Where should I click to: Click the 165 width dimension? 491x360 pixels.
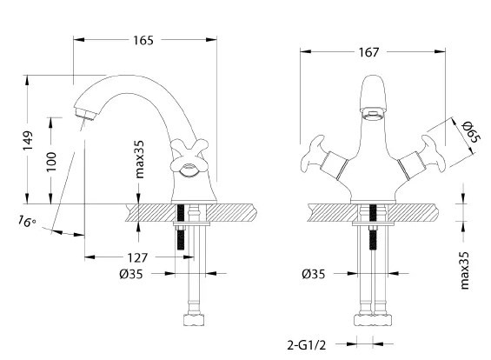(x=143, y=40)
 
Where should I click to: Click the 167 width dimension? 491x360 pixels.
(x=368, y=52)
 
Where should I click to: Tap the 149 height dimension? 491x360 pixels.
(x=28, y=141)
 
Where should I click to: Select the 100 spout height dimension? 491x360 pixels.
(x=51, y=162)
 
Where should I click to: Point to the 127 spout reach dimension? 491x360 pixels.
(x=137, y=257)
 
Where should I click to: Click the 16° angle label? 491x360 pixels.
(x=27, y=221)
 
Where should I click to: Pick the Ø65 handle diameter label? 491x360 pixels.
(x=471, y=131)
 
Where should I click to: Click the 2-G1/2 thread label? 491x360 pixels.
(x=307, y=345)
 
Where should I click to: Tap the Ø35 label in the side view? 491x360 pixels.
(x=130, y=274)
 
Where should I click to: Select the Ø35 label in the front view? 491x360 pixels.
(x=314, y=274)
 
